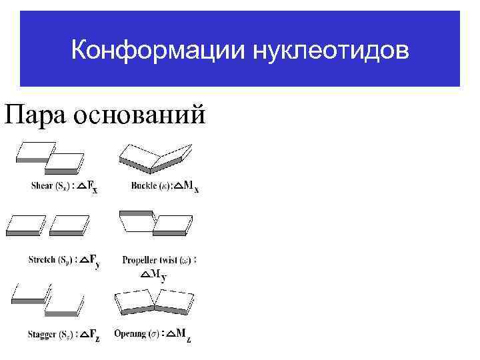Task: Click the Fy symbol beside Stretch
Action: tap(93, 261)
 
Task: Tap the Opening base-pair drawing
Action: tap(155, 303)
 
